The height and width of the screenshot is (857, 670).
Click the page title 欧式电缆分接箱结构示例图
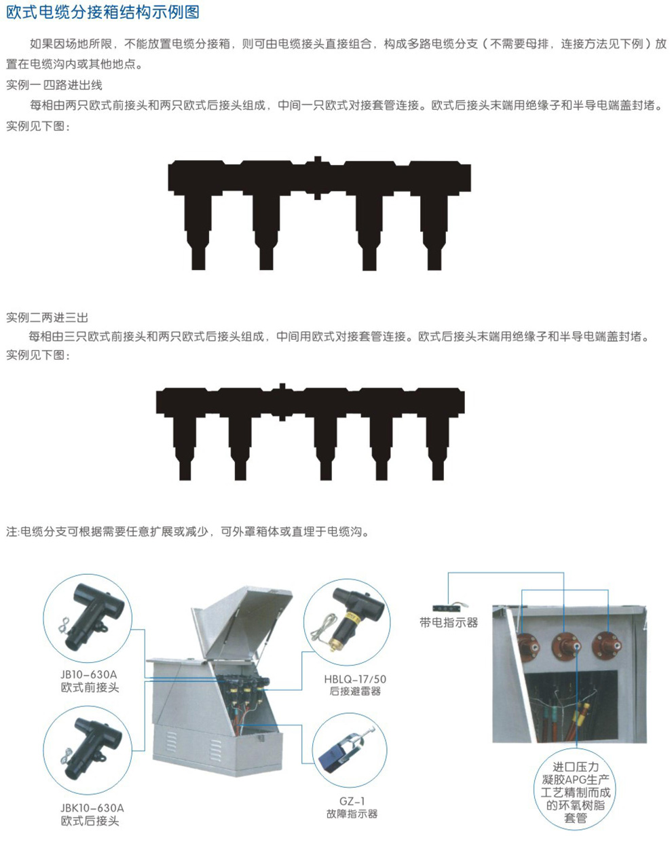click(x=103, y=12)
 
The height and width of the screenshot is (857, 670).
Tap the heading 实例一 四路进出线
click(x=54, y=85)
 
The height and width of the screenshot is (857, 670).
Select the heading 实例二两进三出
click(x=47, y=318)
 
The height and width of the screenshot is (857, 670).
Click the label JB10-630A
click(x=89, y=674)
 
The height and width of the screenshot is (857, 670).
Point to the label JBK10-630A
click(x=92, y=808)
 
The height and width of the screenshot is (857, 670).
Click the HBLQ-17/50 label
click(x=355, y=679)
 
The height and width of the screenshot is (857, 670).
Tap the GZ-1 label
click(x=352, y=801)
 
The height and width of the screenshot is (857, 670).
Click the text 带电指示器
click(x=449, y=623)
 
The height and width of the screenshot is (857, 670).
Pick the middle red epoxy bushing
click(x=566, y=645)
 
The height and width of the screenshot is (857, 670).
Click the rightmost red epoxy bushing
click(x=607, y=645)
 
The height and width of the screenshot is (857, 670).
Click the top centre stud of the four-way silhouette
click(x=318, y=159)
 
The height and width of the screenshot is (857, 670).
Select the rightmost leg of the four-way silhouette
click(x=434, y=233)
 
